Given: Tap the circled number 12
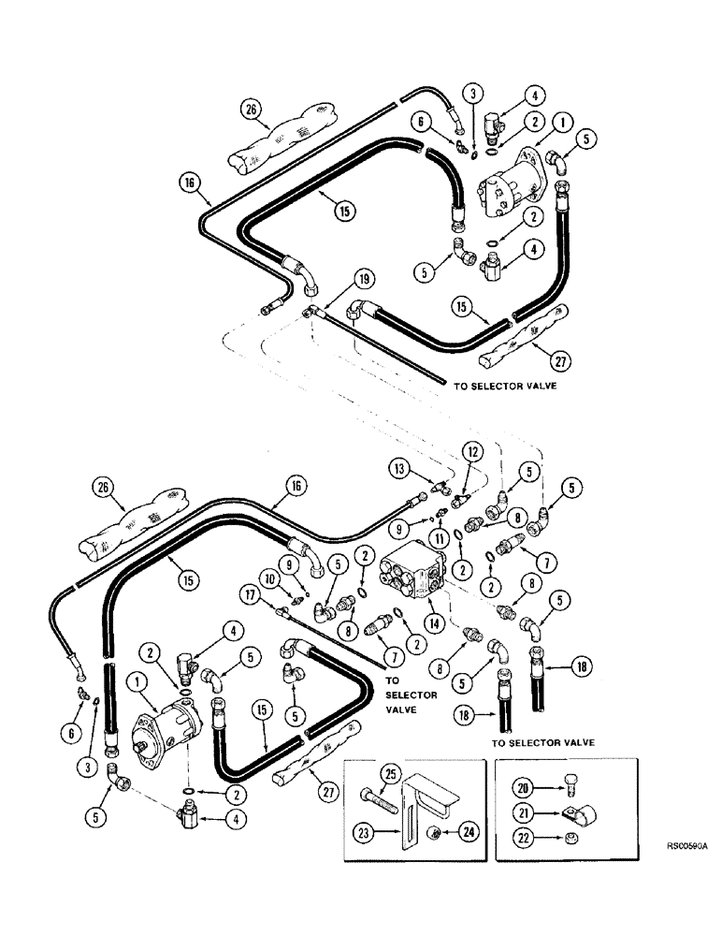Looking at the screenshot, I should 475,452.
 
